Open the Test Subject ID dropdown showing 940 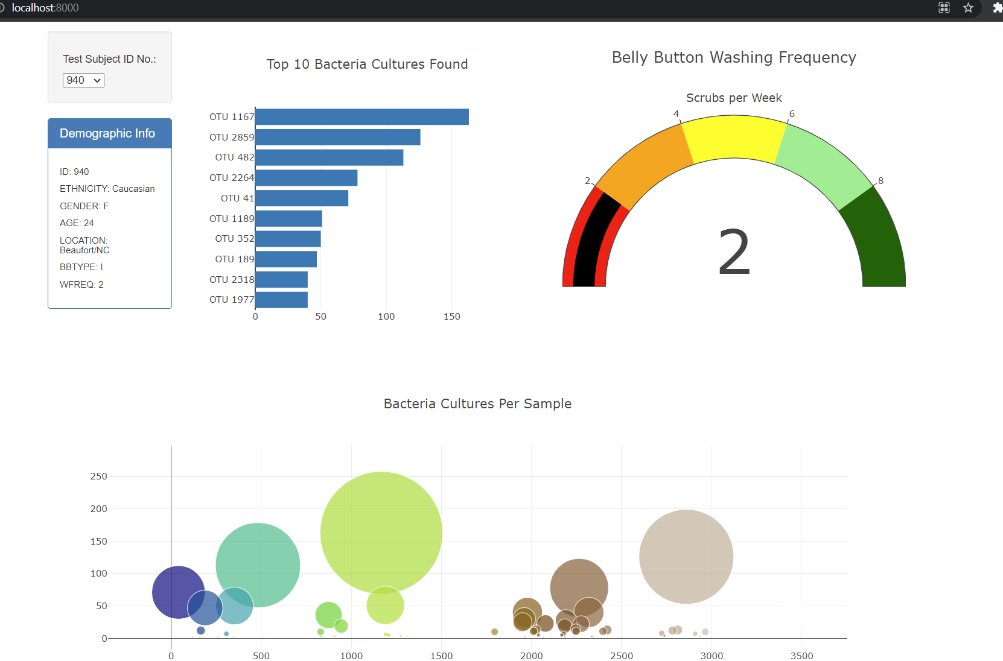coord(83,80)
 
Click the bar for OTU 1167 coord(362,117)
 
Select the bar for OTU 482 coord(329,157)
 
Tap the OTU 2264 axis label coord(232,178)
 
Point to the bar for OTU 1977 coord(281,300)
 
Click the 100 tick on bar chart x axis coord(386,317)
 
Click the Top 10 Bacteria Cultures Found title coord(367,65)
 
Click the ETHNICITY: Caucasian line coord(107,189)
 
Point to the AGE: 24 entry coord(77,223)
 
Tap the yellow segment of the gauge coord(734,138)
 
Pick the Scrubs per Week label coord(734,98)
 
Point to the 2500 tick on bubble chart coord(621,656)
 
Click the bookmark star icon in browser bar coord(968,8)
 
